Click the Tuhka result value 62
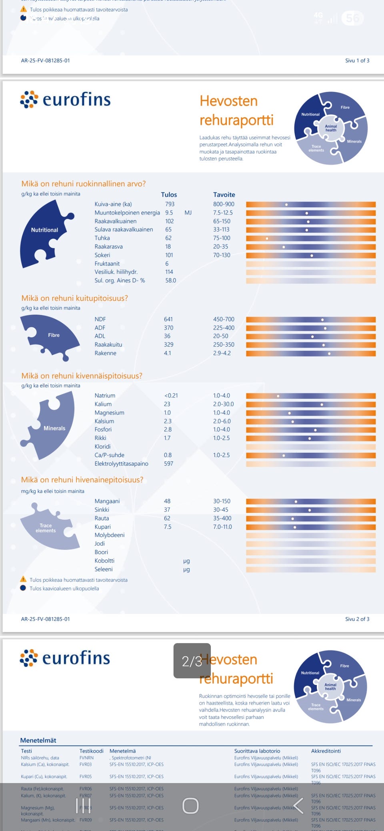pyautogui.click(x=168, y=238)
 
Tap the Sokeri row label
pyautogui.click(x=102, y=255)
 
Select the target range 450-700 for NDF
pyautogui.click(x=224, y=319)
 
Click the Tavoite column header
pyautogui.click(x=224, y=195)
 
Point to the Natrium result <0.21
pyautogui.click(x=171, y=396)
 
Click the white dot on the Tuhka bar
pyautogui.click(x=267, y=239)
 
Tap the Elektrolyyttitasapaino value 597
pyautogui.click(x=168, y=463)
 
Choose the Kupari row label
pyautogui.click(x=103, y=527)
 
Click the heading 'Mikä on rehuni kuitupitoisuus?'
pyautogui.click(x=75, y=298)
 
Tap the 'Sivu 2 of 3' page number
pyautogui.click(x=357, y=619)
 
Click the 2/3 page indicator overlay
pyautogui.click(x=192, y=661)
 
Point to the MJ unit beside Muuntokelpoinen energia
pyautogui.click(x=188, y=213)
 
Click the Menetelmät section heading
pyautogui.click(x=38, y=740)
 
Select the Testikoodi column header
pyautogui.click(x=91, y=751)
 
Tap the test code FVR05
pyautogui.click(x=86, y=776)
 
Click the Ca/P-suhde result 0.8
pyautogui.click(x=168, y=455)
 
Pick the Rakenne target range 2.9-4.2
pyautogui.click(x=222, y=353)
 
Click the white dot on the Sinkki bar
pyautogui.click(x=310, y=510)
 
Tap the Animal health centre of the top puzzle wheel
pyautogui.click(x=331, y=128)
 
